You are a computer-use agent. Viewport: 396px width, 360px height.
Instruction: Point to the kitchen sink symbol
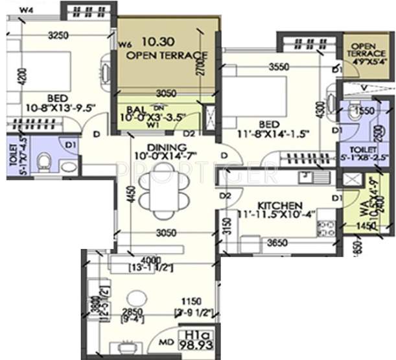pos(303,176)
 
